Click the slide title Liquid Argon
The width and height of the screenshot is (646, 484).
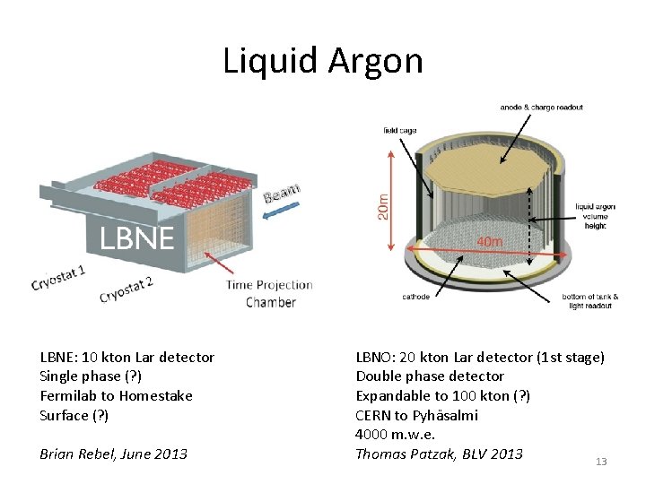pyautogui.click(x=323, y=61)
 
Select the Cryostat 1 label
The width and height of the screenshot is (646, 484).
pyautogui.click(x=58, y=277)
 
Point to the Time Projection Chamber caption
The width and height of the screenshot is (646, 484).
pyautogui.click(x=270, y=293)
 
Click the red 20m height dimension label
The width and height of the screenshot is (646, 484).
pyautogui.click(x=384, y=207)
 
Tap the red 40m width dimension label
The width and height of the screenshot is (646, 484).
pyautogui.click(x=489, y=241)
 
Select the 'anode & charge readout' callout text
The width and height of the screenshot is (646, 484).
pyautogui.click(x=541, y=108)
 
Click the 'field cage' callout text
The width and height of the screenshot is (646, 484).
pyautogui.click(x=399, y=130)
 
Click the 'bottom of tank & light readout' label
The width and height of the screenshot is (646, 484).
pyautogui.click(x=590, y=301)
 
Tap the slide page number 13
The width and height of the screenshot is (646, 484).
pyautogui.click(x=601, y=462)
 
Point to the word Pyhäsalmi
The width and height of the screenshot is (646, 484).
pyautogui.click(x=445, y=415)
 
